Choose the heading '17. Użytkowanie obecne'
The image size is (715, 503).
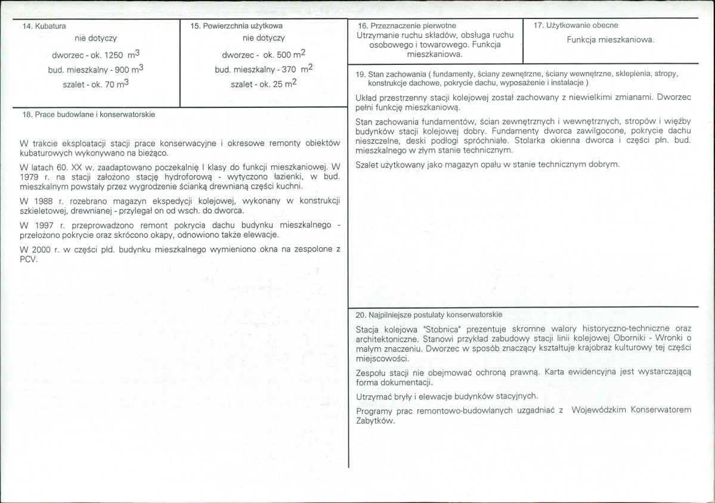575,25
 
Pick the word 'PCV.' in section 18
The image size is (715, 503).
29,259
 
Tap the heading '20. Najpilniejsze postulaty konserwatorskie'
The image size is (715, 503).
428,314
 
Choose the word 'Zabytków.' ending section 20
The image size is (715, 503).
375,420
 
